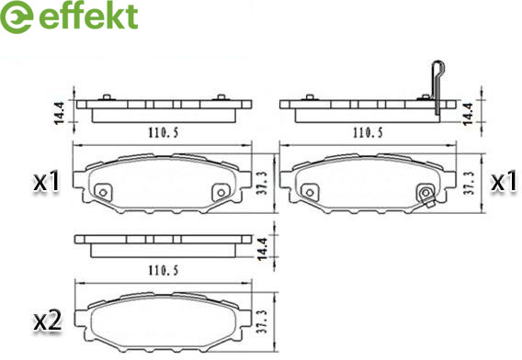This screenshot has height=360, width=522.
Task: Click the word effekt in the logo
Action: click(89, 17)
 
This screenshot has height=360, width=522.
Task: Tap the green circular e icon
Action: click(17, 18)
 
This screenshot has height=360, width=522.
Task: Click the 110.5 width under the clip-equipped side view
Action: click(368, 132)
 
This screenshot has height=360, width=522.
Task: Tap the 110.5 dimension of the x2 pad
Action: click(162, 270)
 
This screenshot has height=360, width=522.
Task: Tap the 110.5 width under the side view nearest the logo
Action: click(162, 132)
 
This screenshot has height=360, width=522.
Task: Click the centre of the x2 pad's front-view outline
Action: click(162, 323)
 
